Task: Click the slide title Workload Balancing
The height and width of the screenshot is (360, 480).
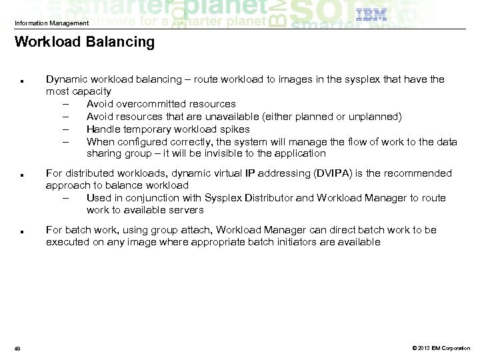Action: click(x=84, y=43)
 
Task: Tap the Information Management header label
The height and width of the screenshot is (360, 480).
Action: click(x=51, y=24)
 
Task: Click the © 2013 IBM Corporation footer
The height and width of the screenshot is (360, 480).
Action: click(x=441, y=347)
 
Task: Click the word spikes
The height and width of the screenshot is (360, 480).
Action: click(x=235, y=129)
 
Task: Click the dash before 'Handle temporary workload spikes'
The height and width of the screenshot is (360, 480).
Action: click(x=67, y=129)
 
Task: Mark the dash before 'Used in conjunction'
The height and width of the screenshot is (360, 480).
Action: click(x=67, y=198)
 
